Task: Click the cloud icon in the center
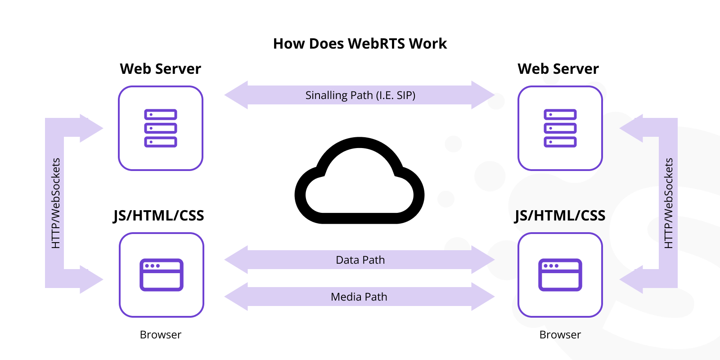click(360, 182)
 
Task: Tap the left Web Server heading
click(160, 69)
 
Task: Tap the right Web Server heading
click(558, 69)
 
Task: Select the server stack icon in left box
click(161, 128)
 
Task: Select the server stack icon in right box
click(560, 128)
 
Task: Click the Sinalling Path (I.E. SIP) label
click(360, 95)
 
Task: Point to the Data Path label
click(360, 260)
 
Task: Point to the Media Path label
click(359, 297)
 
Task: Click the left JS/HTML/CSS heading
click(159, 216)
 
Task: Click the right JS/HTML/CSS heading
click(560, 216)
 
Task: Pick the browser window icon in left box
click(162, 275)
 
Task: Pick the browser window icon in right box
click(560, 275)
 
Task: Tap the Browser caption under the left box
click(161, 335)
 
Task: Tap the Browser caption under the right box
click(560, 335)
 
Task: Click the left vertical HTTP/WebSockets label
click(55, 203)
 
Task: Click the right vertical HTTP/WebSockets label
click(669, 203)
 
